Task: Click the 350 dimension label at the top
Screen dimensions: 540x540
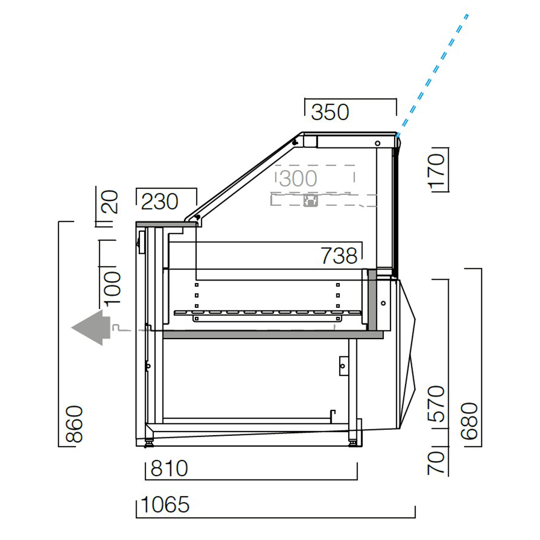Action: [330, 112]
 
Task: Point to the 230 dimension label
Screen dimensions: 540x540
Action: [160, 202]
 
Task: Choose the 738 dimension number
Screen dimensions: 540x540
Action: [339, 255]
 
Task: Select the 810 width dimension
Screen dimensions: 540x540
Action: [169, 469]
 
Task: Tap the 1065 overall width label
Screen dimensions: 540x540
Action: [165, 505]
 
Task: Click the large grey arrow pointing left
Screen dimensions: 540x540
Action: [91, 327]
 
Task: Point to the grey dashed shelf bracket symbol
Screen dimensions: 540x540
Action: [311, 201]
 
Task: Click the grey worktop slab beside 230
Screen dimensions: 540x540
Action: [160, 223]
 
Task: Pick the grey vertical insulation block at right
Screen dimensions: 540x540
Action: [372, 300]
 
